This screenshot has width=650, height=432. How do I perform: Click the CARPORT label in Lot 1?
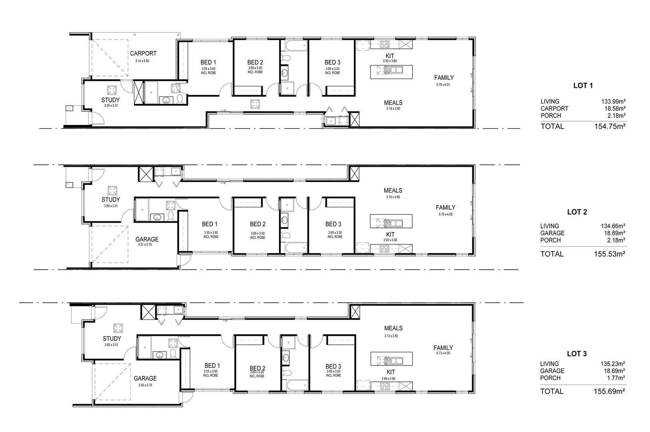pyautogui.click(x=143, y=53)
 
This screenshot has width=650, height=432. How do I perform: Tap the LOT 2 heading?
pyautogui.click(x=577, y=212)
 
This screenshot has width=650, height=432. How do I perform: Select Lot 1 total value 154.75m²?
pyautogui.click(x=610, y=126)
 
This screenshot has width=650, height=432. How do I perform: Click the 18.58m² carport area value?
pyautogui.click(x=615, y=108)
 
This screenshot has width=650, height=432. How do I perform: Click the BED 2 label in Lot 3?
pyautogui.click(x=257, y=368)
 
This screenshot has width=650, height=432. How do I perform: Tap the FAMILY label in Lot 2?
pyautogui.click(x=445, y=208)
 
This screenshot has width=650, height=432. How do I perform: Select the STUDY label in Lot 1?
pyautogui.click(x=110, y=100)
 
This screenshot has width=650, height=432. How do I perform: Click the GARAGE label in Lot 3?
pyautogui.click(x=145, y=378)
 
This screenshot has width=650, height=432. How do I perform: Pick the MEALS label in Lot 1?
pyautogui.click(x=393, y=103)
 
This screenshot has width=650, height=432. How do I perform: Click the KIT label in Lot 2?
pyautogui.click(x=390, y=234)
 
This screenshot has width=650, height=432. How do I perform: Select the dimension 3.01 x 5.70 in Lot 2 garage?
pyautogui.click(x=145, y=244)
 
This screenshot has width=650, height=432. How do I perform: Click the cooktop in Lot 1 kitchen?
pyautogui.click(x=384, y=44)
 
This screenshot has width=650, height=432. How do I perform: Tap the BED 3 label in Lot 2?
pyautogui.click(x=333, y=224)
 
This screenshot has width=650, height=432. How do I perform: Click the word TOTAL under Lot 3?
pyautogui.click(x=552, y=391)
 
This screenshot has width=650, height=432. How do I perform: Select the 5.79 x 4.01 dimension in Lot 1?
pyautogui.click(x=443, y=85)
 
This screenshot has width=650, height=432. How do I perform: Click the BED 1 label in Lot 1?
pyautogui.click(x=208, y=62)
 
